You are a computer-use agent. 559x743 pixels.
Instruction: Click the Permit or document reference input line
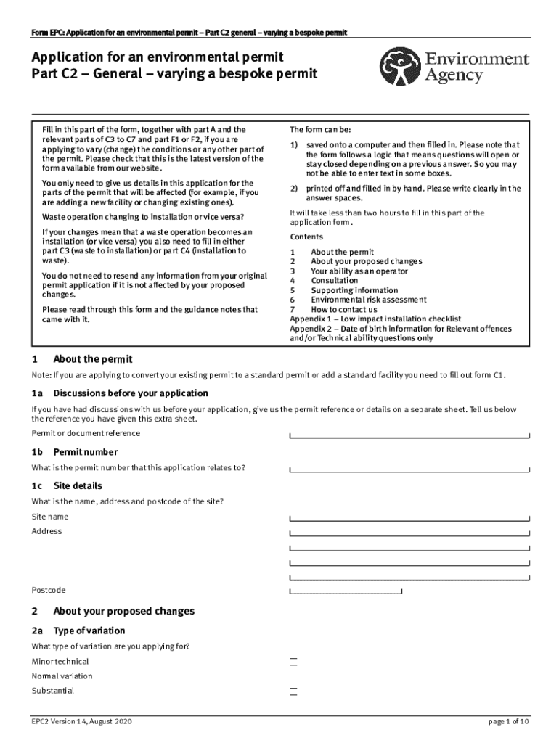pyautogui.click(x=409, y=434)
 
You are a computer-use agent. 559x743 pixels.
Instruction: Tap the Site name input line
pyautogui.click(x=409, y=517)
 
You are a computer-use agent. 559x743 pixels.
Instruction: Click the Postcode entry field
pyautogui.click(x=346, y=591)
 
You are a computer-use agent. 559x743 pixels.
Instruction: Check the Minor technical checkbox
pyautogui.click(x=293, y=662)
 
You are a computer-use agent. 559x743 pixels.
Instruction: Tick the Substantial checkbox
pyautogui.click(x=293, y=691)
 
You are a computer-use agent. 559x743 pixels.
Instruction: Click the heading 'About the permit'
pyautogui.click(x=92, y=359)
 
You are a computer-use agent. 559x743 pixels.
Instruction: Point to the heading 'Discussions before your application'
pyautogui.click(x=130, y=393)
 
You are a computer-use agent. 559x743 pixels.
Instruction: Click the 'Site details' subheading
pyautogui.click(x=77, y=485)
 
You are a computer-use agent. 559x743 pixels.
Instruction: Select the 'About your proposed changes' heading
pyautogui.click(x=123, y=611)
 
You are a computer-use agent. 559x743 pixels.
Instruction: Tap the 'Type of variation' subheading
pyautogui.click(x=89, y=631)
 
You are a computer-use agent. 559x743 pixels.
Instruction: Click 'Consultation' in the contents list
pyautogui.click(x=334, y=281)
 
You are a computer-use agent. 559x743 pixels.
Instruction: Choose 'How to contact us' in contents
pyautogui.click(x=343, y=310)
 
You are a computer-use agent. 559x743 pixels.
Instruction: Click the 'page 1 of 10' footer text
pyautogui.click(x=509, y=722)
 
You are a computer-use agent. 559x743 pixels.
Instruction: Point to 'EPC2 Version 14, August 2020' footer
pyautogui.click(x=81, y=722)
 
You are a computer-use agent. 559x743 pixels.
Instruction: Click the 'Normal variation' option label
pyautogui.click(x=62, y=676)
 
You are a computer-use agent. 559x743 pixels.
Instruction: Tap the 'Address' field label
pyautogui.click(x=46, y=531)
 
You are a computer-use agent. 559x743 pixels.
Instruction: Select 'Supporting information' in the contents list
pyautogui.click(x=354, y=290)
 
